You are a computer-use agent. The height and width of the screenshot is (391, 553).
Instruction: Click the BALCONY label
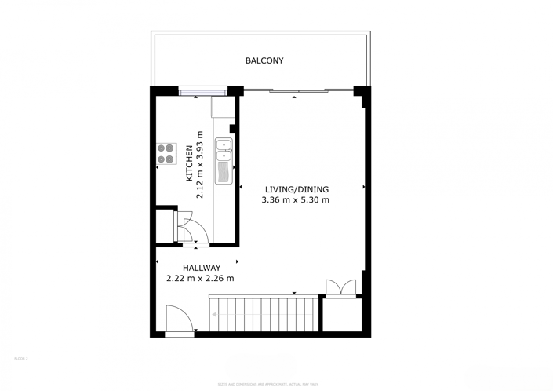264,60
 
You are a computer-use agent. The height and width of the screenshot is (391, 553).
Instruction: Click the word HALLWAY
202,268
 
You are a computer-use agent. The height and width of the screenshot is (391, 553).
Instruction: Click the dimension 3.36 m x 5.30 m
296,200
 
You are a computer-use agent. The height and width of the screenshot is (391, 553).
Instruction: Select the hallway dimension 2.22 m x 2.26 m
200,278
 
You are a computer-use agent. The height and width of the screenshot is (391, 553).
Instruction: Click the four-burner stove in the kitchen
166,153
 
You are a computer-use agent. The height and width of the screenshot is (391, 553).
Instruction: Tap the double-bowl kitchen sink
224,150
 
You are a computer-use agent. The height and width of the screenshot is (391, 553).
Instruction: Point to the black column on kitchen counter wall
232,130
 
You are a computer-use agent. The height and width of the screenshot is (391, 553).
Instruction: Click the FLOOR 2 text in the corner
20,359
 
